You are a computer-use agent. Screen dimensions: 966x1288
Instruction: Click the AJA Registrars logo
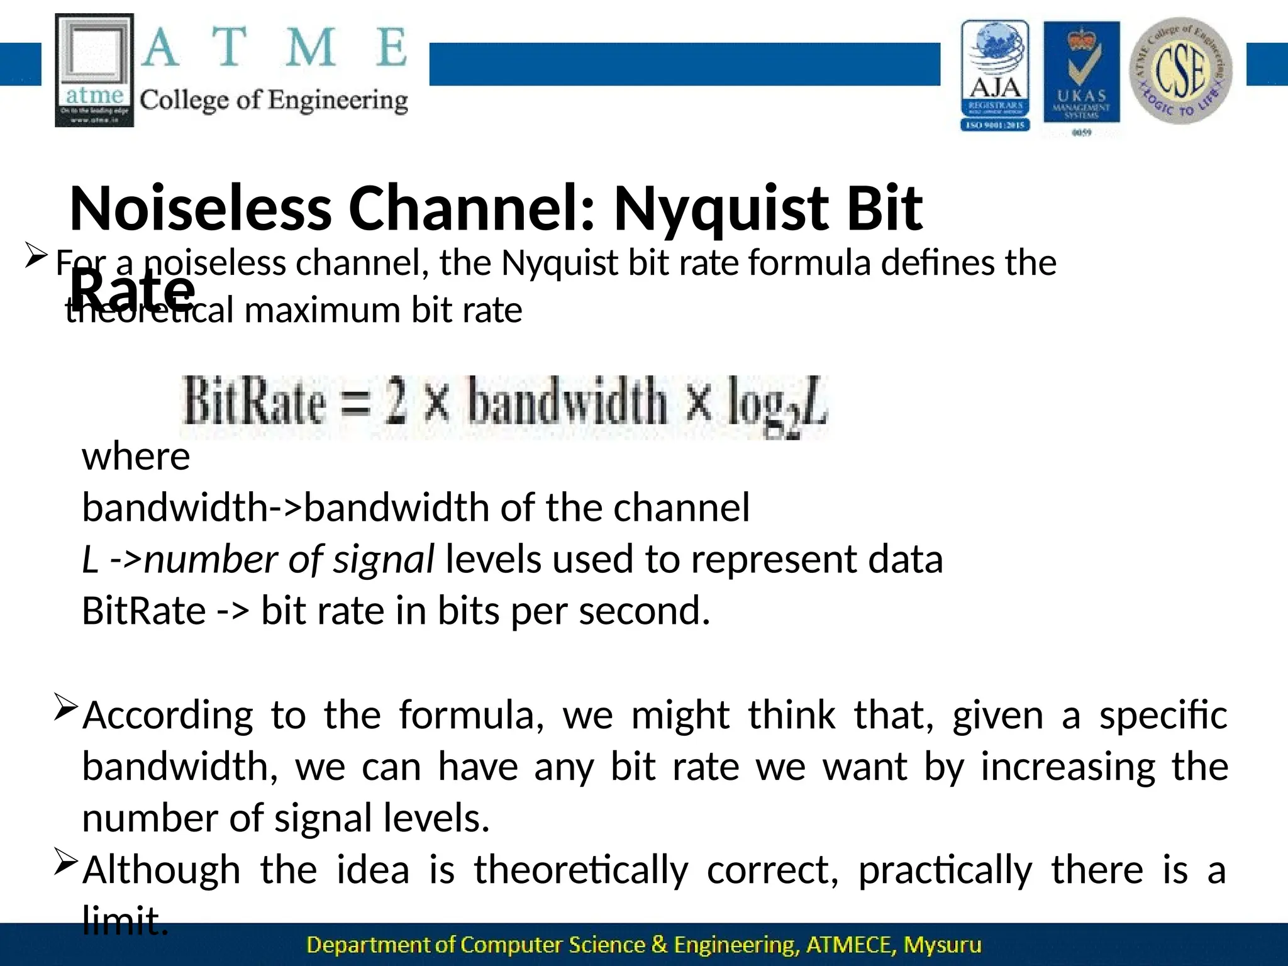coord(995,75)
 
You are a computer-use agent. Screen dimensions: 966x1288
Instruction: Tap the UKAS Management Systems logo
coord(1081,75)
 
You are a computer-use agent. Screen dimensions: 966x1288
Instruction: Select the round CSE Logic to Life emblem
coord(1180,70)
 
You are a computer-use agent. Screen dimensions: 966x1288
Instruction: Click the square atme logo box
coord(94,70)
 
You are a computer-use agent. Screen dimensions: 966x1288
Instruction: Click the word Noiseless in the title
coord(200,208)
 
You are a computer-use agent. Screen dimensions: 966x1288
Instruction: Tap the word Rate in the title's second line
coord(132,288)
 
